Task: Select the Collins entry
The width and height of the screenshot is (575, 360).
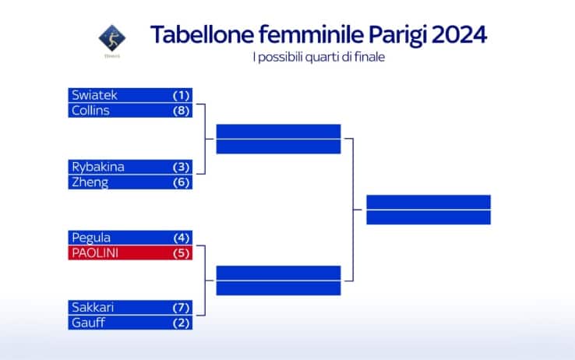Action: pyautogui.click(x=90, y=111)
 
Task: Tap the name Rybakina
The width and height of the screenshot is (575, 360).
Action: pyautogui.click(x=98, y=167)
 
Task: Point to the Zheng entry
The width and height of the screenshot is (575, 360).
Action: pyautogui.click(x=90, y=182)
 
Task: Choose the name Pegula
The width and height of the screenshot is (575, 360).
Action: pyautogui.click(x=91, y=238)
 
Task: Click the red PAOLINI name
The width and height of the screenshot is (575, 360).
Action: pyautogui.click(x=97, y=253)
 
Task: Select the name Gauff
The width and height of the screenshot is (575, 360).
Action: pyautogui.click(x=88, y=323)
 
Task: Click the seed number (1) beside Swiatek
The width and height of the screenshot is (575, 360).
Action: pyautogui.click(x=182, y=95)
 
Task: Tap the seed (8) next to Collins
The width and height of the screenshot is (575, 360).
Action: pyautogui.click(x=182, y=111)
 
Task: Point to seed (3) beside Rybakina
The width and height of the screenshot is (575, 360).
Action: pyautogui.click(x=182, y=167)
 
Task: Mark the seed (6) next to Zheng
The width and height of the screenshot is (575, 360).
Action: pyautogui.click(x=182, y=182)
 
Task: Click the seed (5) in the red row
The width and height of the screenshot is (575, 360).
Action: pyautogui.click(x=182, y=253)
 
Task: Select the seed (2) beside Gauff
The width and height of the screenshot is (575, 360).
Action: pyautogui.click(x=182, y=323)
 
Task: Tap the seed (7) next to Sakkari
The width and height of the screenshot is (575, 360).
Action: pyautogui.click(x=182, y=307)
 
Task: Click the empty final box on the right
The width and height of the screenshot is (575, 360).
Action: pyautogui.click(x=428, y=210)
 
